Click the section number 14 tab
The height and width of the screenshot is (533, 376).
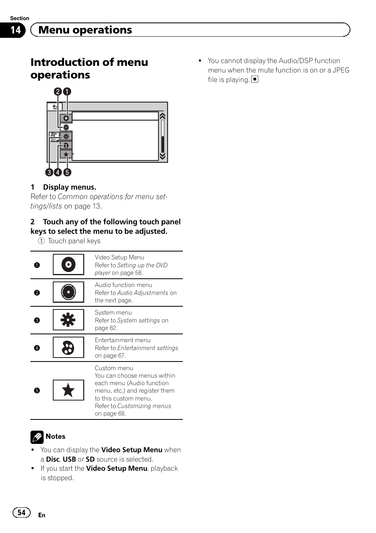[15, 30]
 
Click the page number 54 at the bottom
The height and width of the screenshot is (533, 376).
[21, 512]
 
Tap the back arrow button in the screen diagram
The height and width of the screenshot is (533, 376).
[55, 106]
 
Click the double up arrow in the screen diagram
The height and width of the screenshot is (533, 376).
[162, 116]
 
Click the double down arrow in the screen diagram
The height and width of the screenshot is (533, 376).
[162, 156]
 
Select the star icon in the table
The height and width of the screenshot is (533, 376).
[68, 390]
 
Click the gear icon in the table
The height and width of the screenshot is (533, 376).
[68, 320]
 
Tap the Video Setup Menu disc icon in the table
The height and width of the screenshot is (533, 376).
[68, 265]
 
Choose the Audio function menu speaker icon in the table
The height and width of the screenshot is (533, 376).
[68, 292]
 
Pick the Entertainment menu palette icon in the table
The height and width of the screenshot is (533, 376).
[68, 347]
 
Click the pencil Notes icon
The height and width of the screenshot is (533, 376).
[37, 437]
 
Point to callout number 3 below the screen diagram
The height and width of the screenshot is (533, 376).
[49, 172]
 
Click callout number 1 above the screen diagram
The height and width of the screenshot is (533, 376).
[67, 92]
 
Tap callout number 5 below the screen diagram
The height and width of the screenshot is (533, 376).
[67, 172]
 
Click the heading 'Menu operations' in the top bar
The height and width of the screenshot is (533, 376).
[85, 30]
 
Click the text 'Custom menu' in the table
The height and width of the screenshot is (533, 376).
[114, 368]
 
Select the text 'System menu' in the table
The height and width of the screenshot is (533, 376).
[113, 313]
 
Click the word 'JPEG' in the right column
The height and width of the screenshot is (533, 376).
[341, 70]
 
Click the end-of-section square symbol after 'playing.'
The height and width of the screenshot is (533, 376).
[255, 79]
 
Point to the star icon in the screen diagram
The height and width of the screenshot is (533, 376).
[66, 155]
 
